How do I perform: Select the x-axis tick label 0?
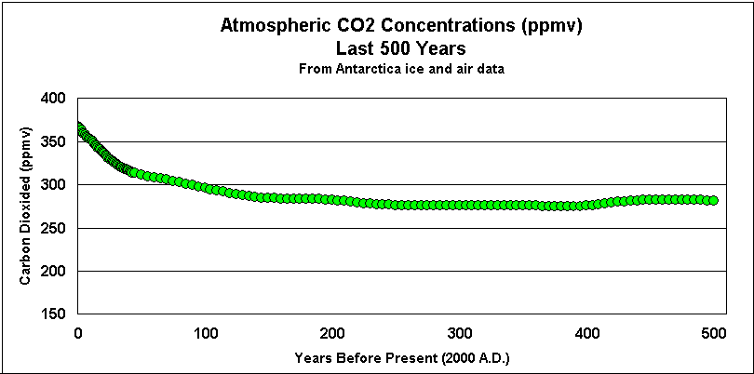coord(78,333)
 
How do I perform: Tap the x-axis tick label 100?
coord(206,333)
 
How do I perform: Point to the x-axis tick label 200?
coord(333,333)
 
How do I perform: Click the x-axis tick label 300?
coord(460,333)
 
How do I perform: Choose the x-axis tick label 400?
coord(587,333)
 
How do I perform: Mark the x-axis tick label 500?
coord(714,333)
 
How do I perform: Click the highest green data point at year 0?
coord(80,127)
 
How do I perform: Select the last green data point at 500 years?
coord(712,200)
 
